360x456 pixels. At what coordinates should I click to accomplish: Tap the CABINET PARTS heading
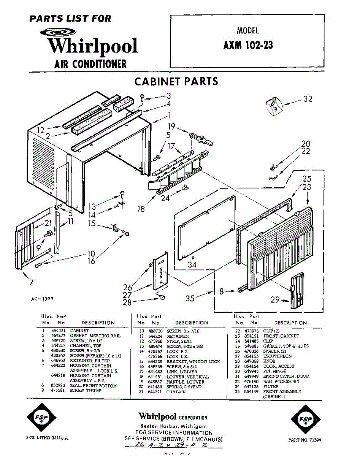point(176,81)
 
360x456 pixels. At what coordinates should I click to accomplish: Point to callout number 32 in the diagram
point(308,99)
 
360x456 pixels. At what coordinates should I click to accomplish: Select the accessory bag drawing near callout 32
point(273,104)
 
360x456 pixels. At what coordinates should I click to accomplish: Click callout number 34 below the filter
point(192,265)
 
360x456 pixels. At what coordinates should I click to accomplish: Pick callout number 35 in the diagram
point(190,298)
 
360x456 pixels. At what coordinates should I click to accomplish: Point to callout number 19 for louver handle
point(171,127)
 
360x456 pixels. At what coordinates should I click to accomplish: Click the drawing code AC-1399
point(42,299)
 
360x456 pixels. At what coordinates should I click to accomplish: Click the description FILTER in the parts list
point(270,386)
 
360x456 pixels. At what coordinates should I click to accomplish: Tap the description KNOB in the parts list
point(269,361)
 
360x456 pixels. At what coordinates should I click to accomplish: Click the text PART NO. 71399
point(304,440)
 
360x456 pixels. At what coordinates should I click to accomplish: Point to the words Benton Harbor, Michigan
point(173,426)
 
